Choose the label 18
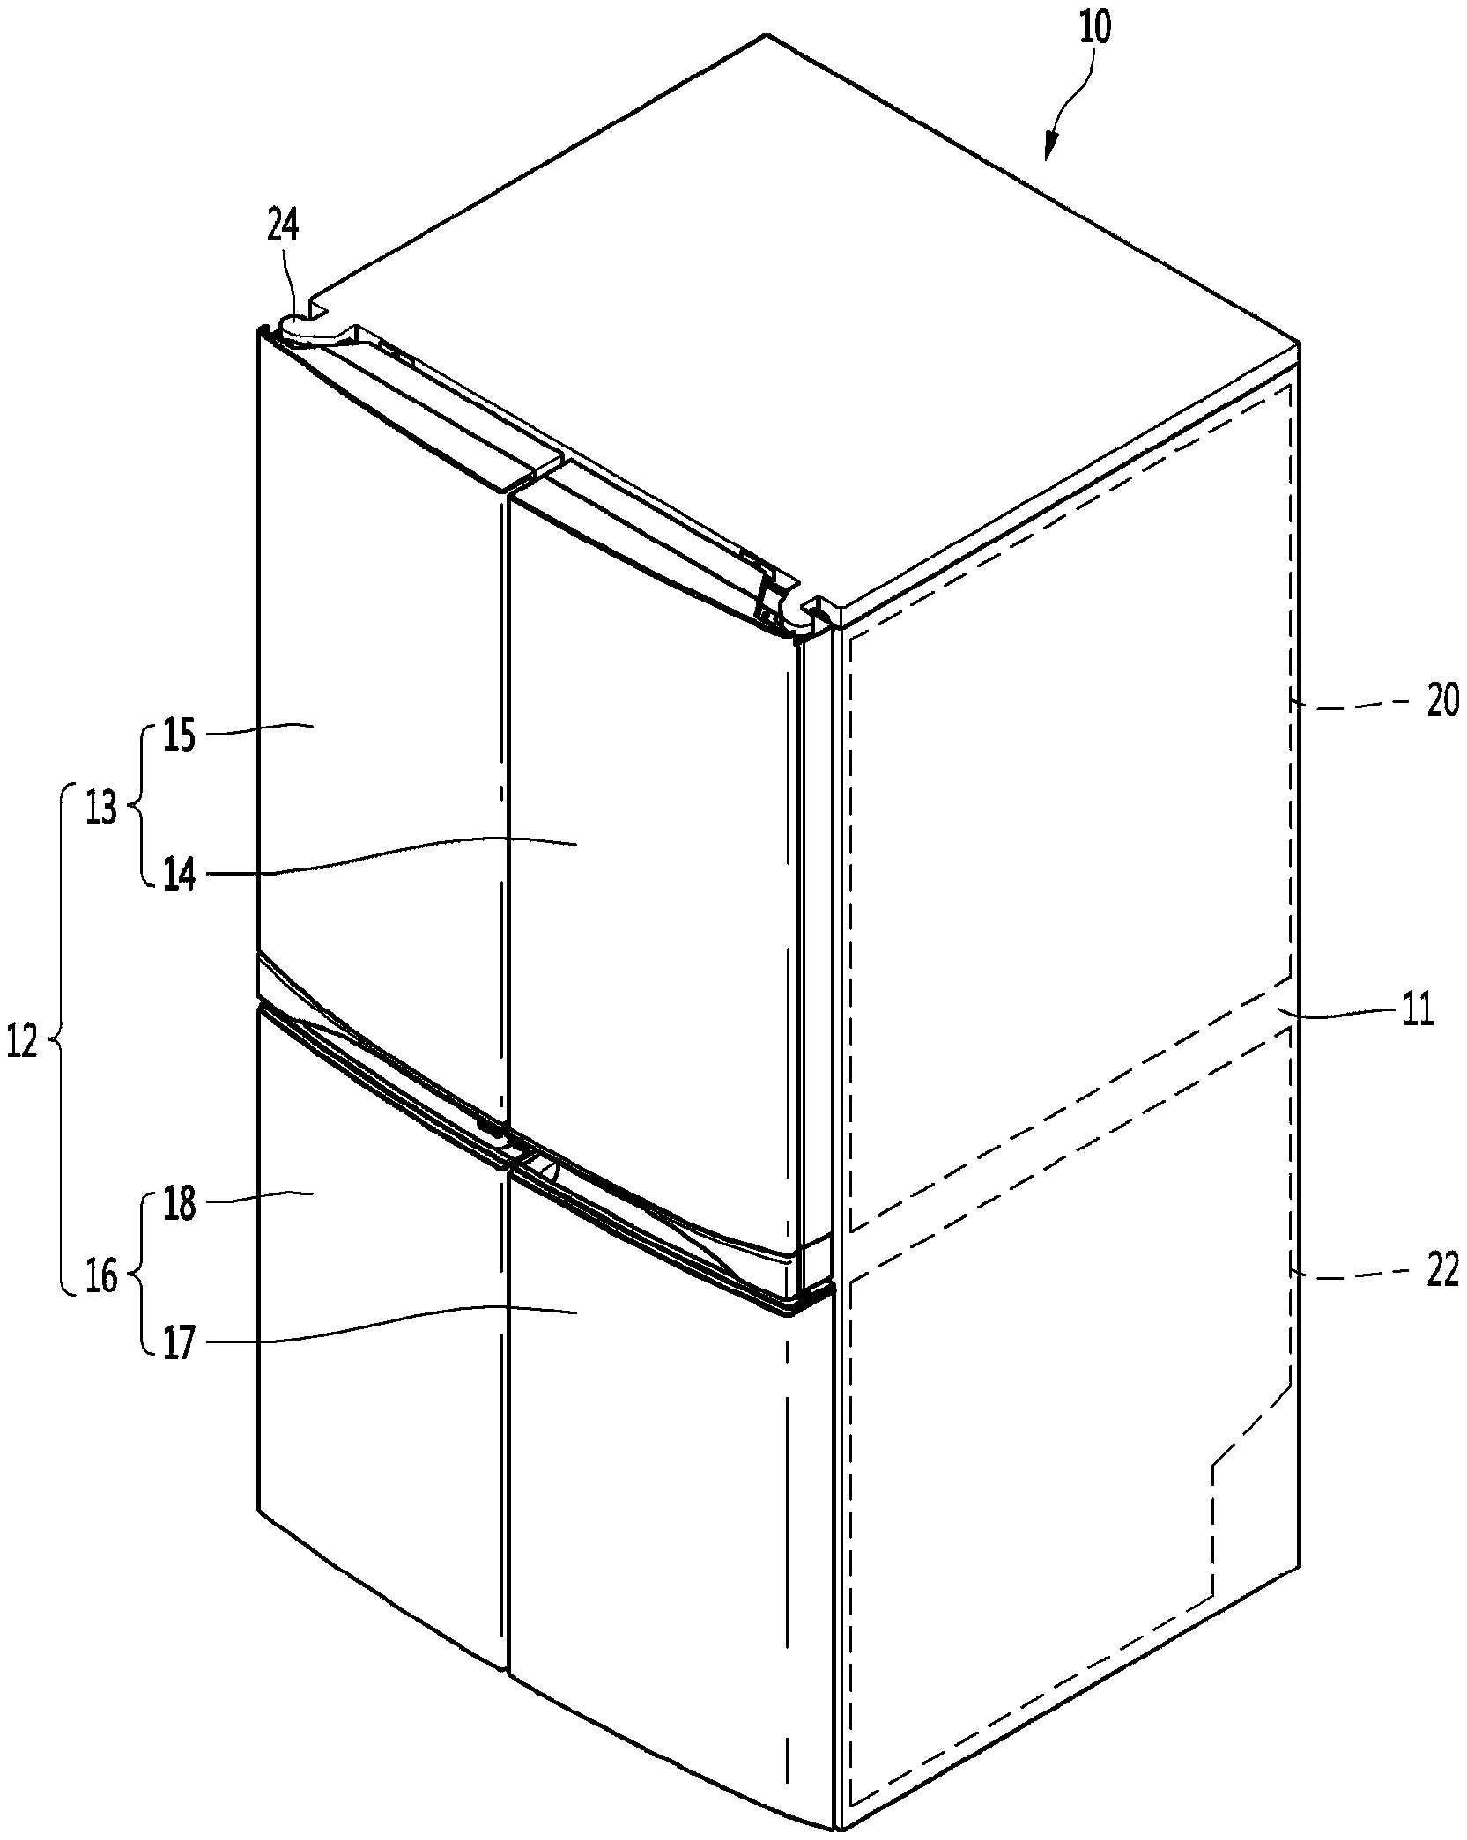point(179,1203)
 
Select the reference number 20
point(1441,704)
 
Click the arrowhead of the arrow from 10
point(1048,151)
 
